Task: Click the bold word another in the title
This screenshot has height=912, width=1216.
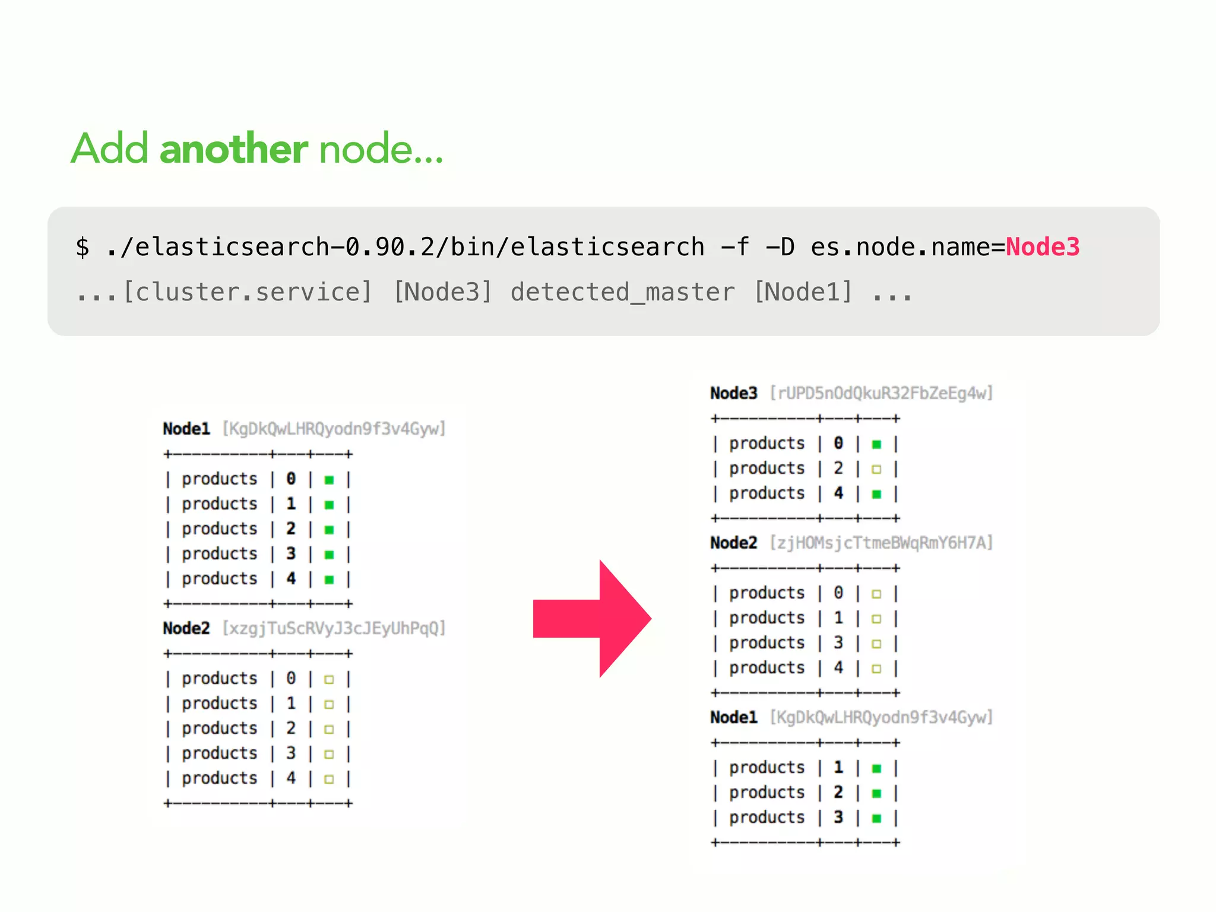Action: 233,148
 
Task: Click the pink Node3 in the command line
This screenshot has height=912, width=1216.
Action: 1043,247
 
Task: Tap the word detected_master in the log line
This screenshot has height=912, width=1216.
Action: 622,292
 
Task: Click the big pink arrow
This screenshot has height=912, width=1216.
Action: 594,619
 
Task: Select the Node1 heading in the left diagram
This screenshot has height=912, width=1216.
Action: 186,429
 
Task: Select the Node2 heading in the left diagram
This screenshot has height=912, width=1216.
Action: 186,628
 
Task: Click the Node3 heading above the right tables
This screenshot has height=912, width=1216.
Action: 734,393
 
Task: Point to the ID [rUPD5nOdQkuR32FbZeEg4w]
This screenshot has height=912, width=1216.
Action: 881,393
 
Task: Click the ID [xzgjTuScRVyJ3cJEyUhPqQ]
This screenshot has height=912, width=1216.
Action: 334,628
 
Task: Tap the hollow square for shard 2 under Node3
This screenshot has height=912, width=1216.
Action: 876,469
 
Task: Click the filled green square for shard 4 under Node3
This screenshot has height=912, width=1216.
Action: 876,494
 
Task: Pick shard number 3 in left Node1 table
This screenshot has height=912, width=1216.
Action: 291,553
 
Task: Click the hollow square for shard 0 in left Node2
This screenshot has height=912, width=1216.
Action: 329,679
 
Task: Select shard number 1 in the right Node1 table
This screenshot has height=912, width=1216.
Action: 838,767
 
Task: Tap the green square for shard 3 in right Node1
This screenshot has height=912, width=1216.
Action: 876,818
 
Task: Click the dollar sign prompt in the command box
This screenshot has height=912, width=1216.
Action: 83,247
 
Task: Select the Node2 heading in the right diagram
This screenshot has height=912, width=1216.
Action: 734,543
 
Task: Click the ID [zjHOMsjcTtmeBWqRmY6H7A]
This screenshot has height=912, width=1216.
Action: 881,543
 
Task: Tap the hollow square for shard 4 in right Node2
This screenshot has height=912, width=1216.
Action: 876,669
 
